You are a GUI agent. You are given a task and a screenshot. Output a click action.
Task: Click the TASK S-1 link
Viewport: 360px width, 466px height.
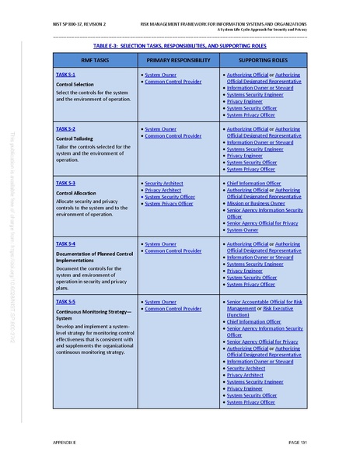click(65, 74)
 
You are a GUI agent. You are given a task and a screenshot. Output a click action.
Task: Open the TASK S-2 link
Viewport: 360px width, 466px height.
click(65, 128)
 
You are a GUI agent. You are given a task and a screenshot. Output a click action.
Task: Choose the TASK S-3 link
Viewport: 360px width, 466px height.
click(65, 183)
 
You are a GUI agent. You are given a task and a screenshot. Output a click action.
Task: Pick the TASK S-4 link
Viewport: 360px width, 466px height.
click(65, 244)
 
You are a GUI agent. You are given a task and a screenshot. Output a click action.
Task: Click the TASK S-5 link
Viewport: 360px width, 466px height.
click(65, 301)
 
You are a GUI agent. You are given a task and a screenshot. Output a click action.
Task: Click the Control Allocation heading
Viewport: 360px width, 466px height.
click(76, 192)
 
